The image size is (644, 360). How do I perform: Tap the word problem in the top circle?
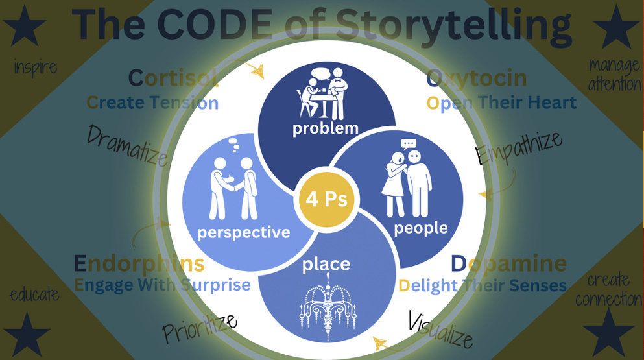pos(326,128)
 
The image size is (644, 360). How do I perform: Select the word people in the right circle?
pos(421,228)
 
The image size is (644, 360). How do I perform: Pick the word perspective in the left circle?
pos(244,232)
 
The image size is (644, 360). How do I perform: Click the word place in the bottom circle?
pos(326,264)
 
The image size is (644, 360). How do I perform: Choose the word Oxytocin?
pos(477,80)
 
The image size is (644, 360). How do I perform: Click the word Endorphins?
pos(139,263)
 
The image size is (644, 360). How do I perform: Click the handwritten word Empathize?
pos(519,149)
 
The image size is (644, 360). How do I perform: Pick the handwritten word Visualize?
pos(440,329)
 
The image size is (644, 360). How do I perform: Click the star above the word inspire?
pos(25,27)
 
